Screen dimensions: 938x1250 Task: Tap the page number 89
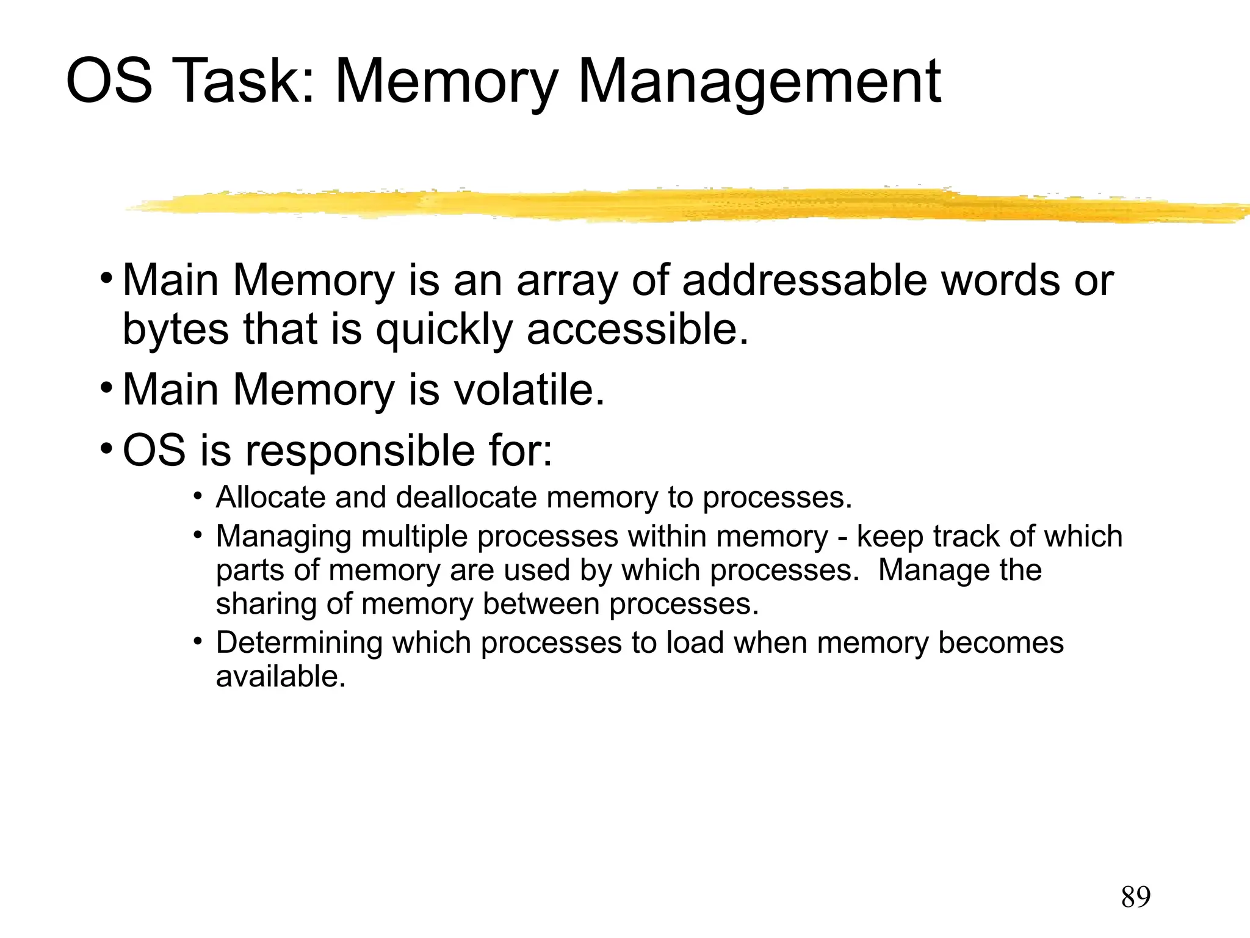[1135, 897]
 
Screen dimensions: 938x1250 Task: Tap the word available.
[281, 677]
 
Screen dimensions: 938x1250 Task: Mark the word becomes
[1000, 643]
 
